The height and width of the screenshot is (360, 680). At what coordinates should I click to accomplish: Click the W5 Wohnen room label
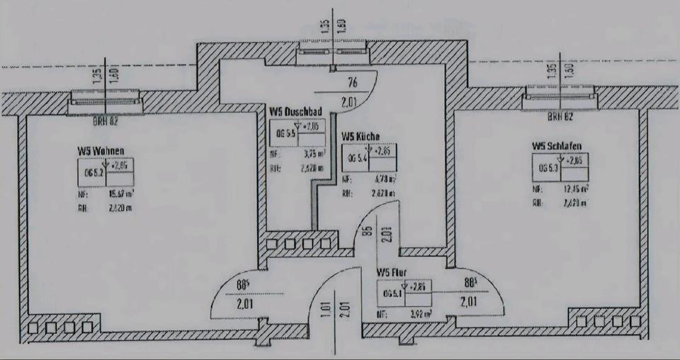point(102,151)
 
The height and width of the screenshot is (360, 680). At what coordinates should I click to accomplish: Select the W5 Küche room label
point(361,135)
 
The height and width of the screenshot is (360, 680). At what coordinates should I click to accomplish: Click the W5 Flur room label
point(392,271)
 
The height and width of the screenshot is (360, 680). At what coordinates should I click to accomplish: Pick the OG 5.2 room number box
point(93,169)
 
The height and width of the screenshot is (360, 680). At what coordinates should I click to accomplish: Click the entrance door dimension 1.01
point(327,309)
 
